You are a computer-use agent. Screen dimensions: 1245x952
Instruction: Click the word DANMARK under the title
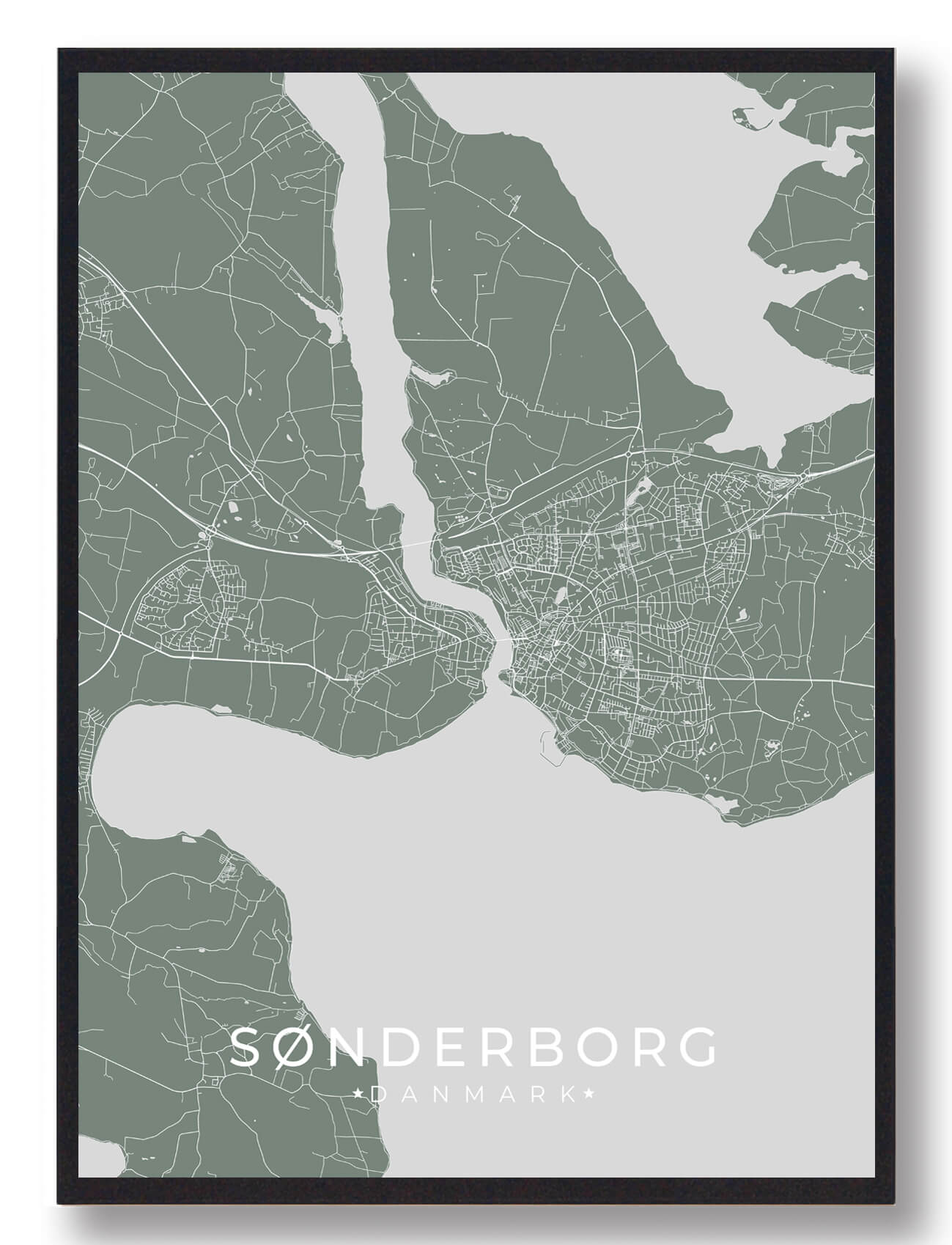click(473, 1095)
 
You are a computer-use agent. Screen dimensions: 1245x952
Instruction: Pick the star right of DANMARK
click(589, 1095)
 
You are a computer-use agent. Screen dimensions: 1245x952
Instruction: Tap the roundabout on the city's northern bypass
click(629, 455)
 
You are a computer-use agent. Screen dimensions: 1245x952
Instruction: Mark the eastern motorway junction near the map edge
click(804, 476)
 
